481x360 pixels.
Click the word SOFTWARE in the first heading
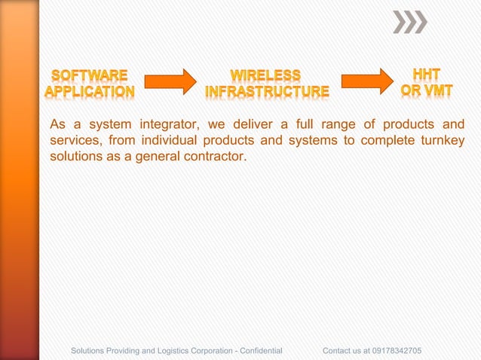coord(90,75)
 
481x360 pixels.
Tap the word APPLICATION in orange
coord(90,92)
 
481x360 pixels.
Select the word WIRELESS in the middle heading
coord(265,75)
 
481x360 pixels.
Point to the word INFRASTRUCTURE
coord(268,92)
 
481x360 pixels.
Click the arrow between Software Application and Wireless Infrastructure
coord(170,81)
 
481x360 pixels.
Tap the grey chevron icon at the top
coord(410,22)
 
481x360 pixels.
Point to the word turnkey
coord(440,142)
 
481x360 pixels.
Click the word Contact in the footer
coord(336,351)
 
